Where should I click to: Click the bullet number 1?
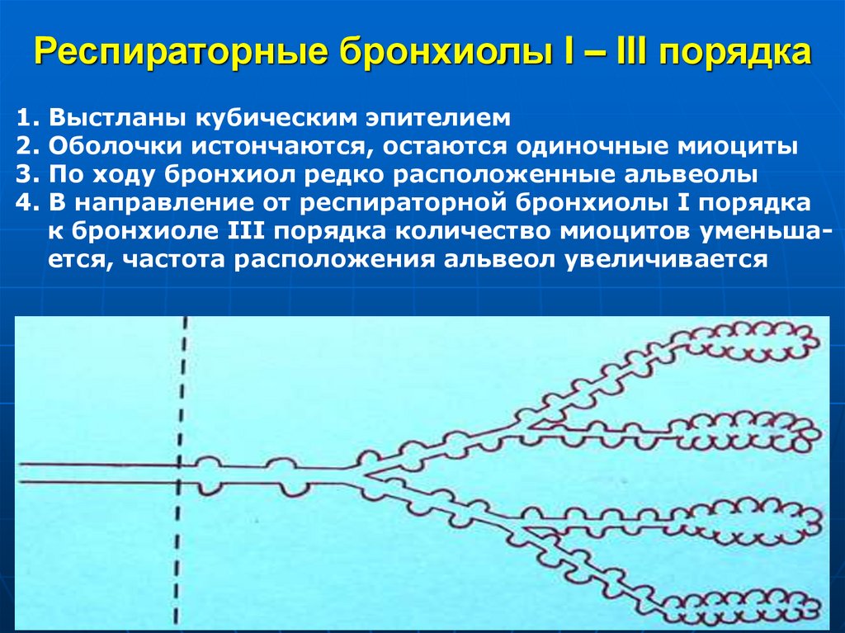click(x=23, y=117)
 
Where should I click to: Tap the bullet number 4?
click(x=23, y=203)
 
